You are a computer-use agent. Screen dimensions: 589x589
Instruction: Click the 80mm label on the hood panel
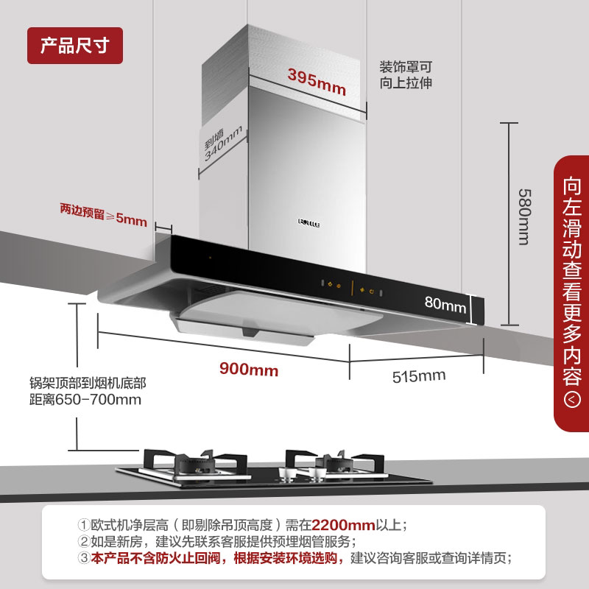(x=445, y=303)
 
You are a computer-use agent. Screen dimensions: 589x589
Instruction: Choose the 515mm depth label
(x=419, y=376)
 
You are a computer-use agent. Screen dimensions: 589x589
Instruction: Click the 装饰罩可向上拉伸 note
(x=406, y=74)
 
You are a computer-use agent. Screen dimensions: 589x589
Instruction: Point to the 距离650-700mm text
(x=82, y=400)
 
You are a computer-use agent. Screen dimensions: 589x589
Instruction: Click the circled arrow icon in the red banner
(x=572, y=400)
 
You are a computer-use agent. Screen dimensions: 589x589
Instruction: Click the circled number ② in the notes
(x=84, y=542)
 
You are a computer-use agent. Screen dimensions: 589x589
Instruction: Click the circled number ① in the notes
(x=84, y=526)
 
